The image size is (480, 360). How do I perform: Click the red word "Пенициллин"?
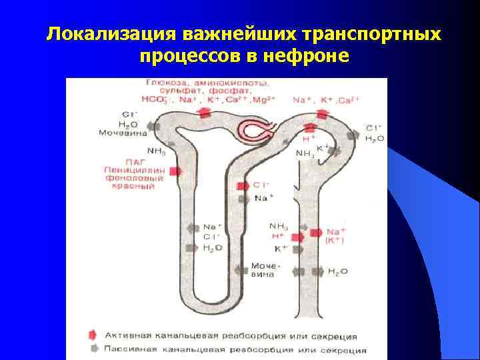129,170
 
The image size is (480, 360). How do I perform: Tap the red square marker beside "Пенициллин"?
175,171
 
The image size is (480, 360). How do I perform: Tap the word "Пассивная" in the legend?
129,349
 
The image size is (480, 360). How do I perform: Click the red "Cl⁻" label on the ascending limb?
261,185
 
